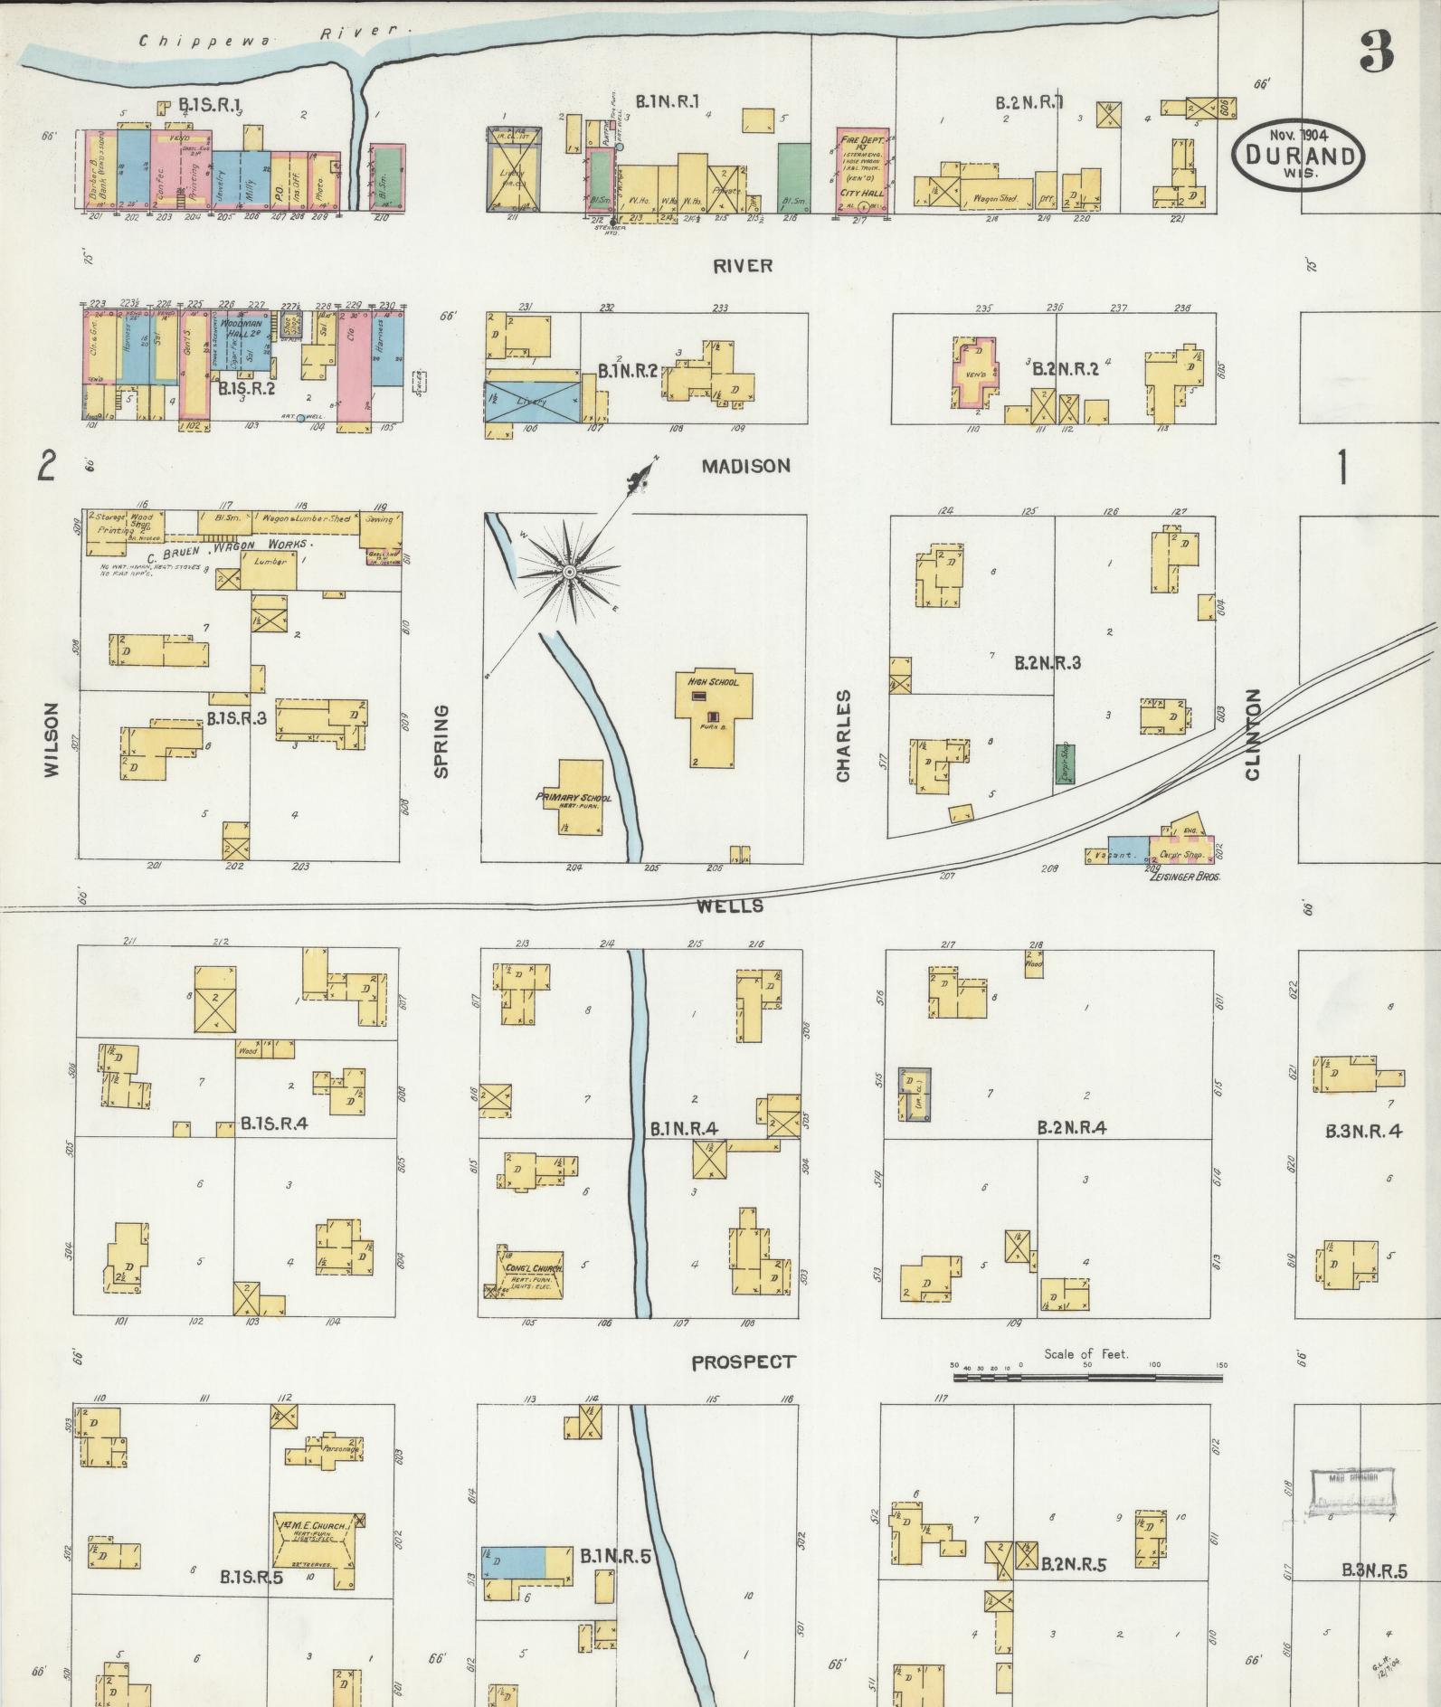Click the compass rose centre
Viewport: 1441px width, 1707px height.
point(569,572)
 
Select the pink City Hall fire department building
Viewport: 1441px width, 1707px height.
point(861,170)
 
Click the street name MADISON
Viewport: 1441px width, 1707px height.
point(746,466)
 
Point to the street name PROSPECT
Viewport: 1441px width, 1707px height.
point(743,1362)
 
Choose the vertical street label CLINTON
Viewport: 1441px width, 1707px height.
point(1252,734)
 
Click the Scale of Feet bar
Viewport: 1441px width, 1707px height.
point(1086,1379)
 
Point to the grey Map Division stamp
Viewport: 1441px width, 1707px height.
point(1351,1491)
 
